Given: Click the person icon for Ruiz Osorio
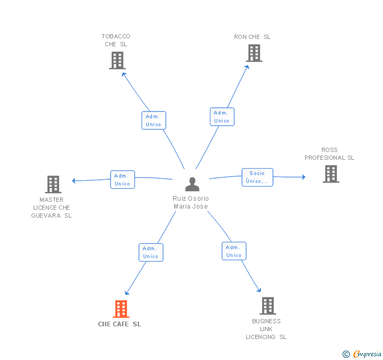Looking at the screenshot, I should pyautogui.click(x=192, y=184).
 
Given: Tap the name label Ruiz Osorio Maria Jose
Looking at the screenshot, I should pyautogui.click(x=190, y=202).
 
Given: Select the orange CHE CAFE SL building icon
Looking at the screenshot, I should pyautogui.click(x=121, y=308).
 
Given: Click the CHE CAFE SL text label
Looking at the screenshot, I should pyautogui.click(x=119, y=324).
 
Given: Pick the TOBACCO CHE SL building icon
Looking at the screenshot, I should pyautogui.click(x=117, y=60).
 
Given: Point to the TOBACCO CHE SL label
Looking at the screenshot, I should pyautogui.click(x=116, y=40).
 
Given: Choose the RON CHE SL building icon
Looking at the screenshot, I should pyautogui.click(x=254, y=53).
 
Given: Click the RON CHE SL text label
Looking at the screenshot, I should pyautogui.click(x=253, y=37).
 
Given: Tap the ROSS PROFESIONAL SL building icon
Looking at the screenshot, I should pyautogui.click(x=330, y=174).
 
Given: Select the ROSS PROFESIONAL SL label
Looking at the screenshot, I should pyautogui.click(x=329, y=154).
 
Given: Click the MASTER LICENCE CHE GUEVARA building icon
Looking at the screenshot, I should pyautogui.click(x=53, y=184).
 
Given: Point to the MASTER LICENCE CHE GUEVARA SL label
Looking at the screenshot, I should pyautogui.click(x=52, y=208).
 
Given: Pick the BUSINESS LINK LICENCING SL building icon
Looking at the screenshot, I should pyautogui.click(x=267, y=305).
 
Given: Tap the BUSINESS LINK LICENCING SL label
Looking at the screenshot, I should pyautogui.click(x=266, y=329).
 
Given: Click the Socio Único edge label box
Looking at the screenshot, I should pyautogui.click(x=257, y=177).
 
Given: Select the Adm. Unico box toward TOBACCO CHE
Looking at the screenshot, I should pyautogui.click(x=154, y=120).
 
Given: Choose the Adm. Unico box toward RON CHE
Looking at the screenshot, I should pyautogui.click(x=221, y=117).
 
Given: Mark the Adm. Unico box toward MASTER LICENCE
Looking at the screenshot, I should pyautogui.click(x=122, y=180).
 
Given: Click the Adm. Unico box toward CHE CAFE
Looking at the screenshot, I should pyautogui.click(x=151, y=252).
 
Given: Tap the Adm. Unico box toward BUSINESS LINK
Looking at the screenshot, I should pyautogui.click(x=234, y=251).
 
